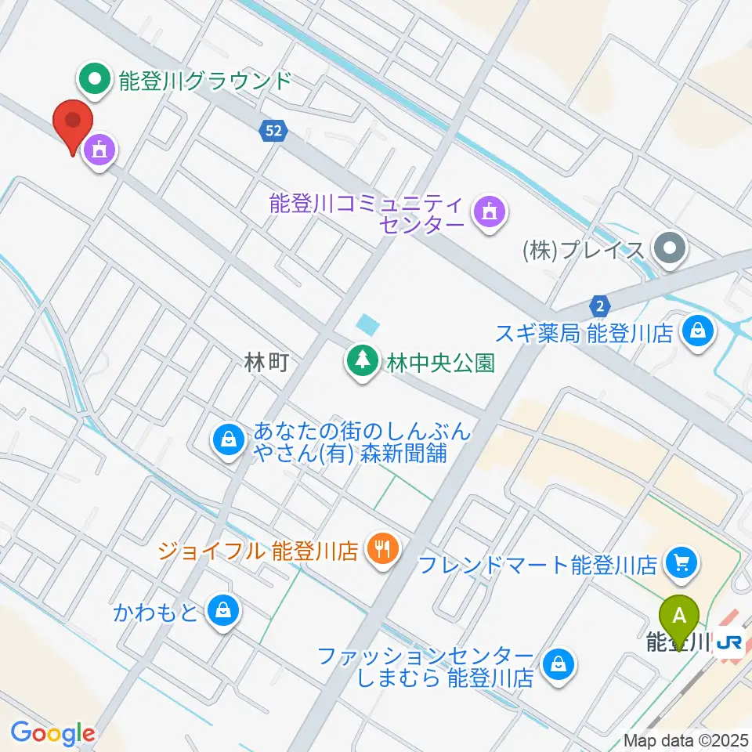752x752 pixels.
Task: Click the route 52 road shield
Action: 273,132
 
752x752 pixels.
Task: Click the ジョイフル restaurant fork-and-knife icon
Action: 382,548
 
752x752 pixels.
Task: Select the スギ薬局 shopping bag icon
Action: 696,332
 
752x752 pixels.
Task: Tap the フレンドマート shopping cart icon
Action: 679,562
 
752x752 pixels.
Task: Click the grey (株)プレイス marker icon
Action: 671,251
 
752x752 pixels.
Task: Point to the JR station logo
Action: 730,642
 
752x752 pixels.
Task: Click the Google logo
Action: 52,733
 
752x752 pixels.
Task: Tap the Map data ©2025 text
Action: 686,740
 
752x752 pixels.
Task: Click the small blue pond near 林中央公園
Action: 367,323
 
